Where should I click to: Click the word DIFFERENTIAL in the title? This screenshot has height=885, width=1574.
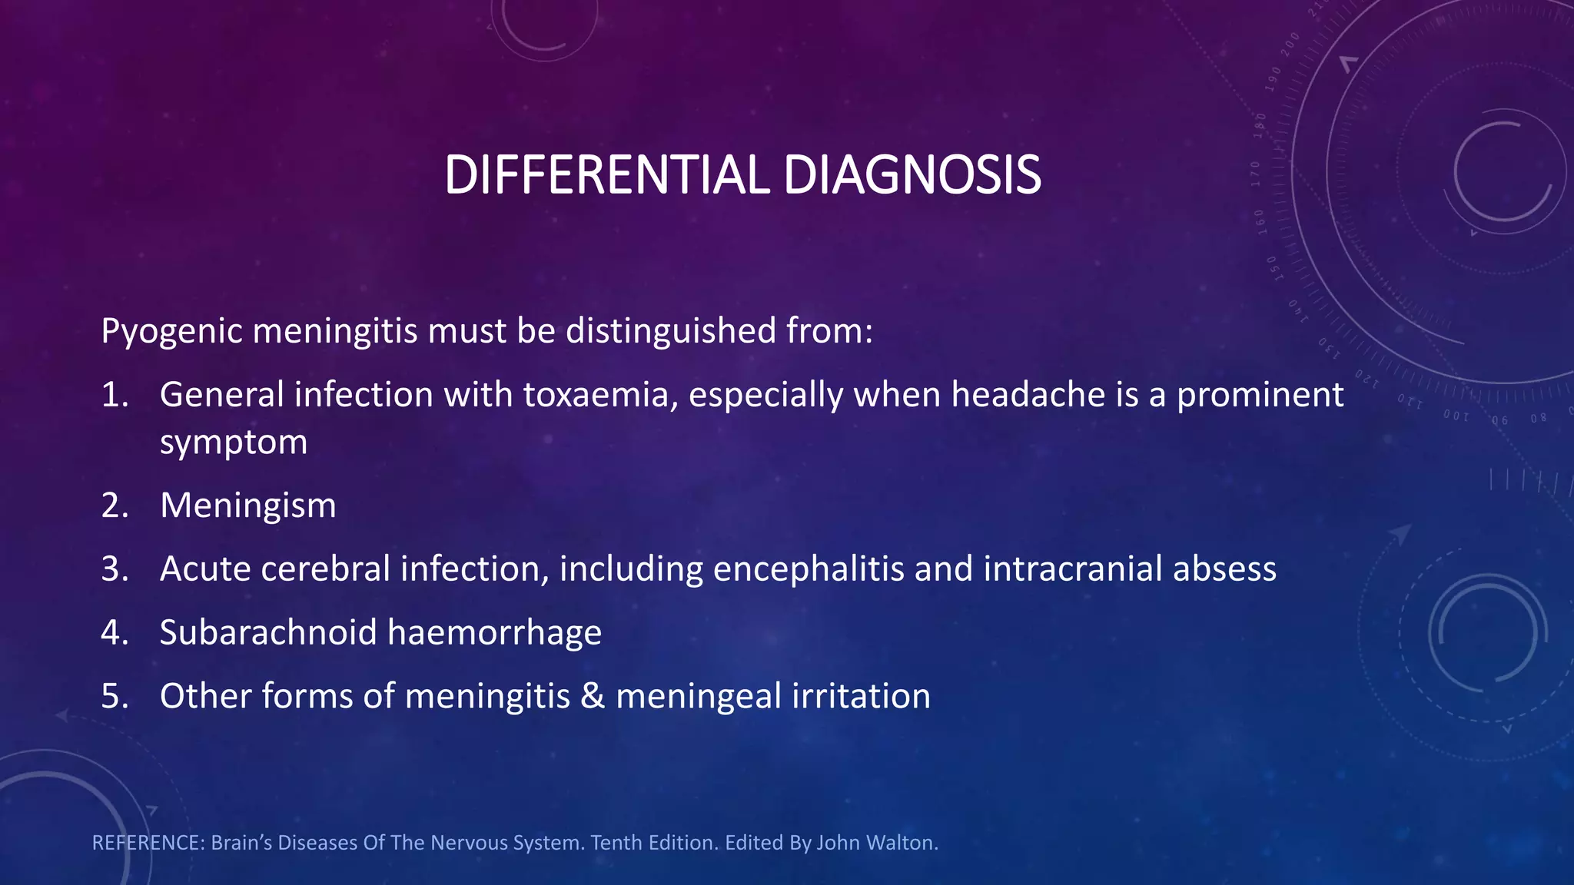click(606, 175)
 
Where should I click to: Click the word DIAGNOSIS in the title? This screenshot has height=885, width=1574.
click(912, 175)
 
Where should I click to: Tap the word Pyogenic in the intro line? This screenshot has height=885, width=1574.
click(173, 331)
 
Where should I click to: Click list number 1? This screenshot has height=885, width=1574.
click(115, 395)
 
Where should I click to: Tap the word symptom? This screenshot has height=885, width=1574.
click(234, 442)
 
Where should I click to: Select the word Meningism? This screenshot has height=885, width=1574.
click(248, 505)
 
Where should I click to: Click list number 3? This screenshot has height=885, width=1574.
click(115, 569)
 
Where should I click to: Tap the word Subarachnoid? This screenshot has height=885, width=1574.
click(268, 633)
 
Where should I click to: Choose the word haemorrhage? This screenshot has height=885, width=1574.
click(494, 633)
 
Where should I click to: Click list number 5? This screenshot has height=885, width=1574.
click(115, 696)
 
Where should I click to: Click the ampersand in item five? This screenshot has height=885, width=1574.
click(593, 696)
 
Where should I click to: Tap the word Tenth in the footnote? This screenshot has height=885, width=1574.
click(616, 843)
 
